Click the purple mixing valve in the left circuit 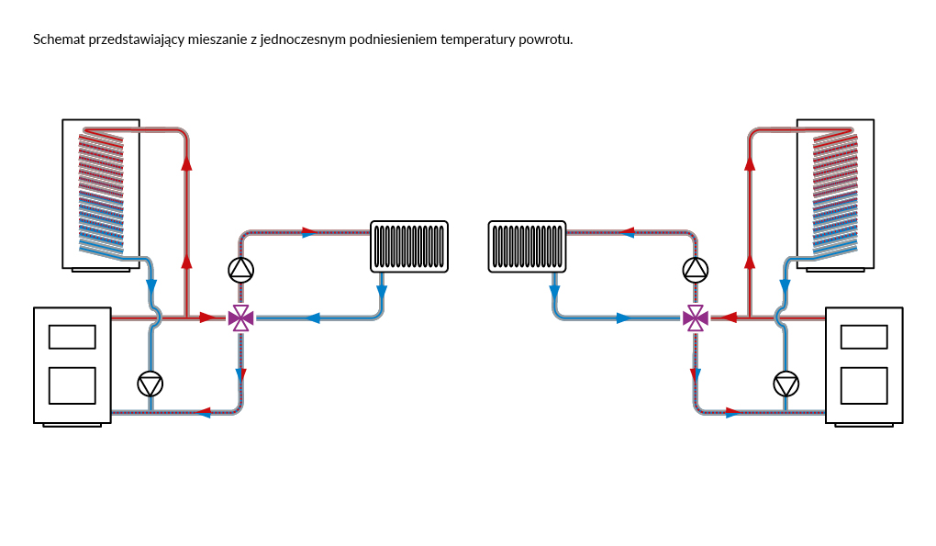240,318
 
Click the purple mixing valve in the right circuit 696,318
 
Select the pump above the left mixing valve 240,269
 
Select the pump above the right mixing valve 696,269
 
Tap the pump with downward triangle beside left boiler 150,384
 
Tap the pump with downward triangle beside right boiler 786,384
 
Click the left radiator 409,246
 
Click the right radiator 527,246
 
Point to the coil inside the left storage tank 101,193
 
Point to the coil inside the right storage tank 835,193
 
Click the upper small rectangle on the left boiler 72,337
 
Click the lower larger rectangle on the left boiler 72,385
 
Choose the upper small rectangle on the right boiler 864,337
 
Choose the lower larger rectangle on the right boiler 864,385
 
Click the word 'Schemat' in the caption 60,39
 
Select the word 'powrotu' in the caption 546,39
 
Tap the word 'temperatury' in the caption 477,39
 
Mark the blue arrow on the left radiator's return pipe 312,318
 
